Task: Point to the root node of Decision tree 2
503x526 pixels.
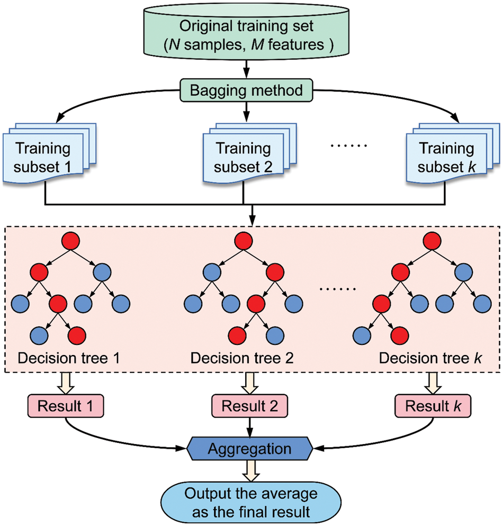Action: tap(244, 241)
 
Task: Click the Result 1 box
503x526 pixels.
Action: tap(65, 406)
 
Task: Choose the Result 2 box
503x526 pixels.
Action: tap(249, 406)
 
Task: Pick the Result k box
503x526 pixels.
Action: tap(433, 406)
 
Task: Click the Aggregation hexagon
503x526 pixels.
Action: tap(249, 449)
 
